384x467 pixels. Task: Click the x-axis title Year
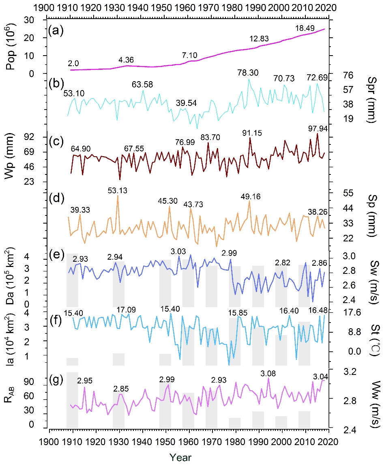tap(180, 457)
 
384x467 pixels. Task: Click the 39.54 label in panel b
tap(187, 103)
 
